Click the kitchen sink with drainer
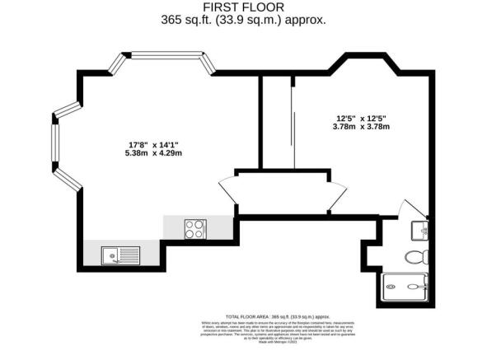119,255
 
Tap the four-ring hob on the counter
195,228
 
